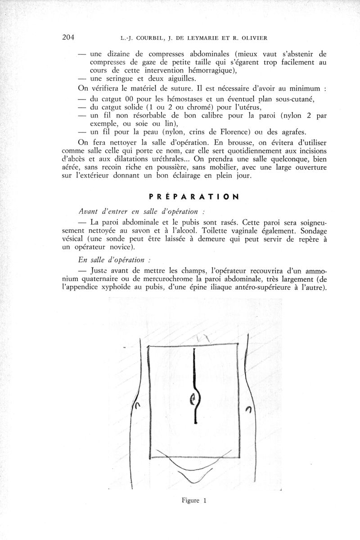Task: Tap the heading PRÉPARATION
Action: click(193, 196)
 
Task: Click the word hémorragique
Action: click(218, 70)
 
